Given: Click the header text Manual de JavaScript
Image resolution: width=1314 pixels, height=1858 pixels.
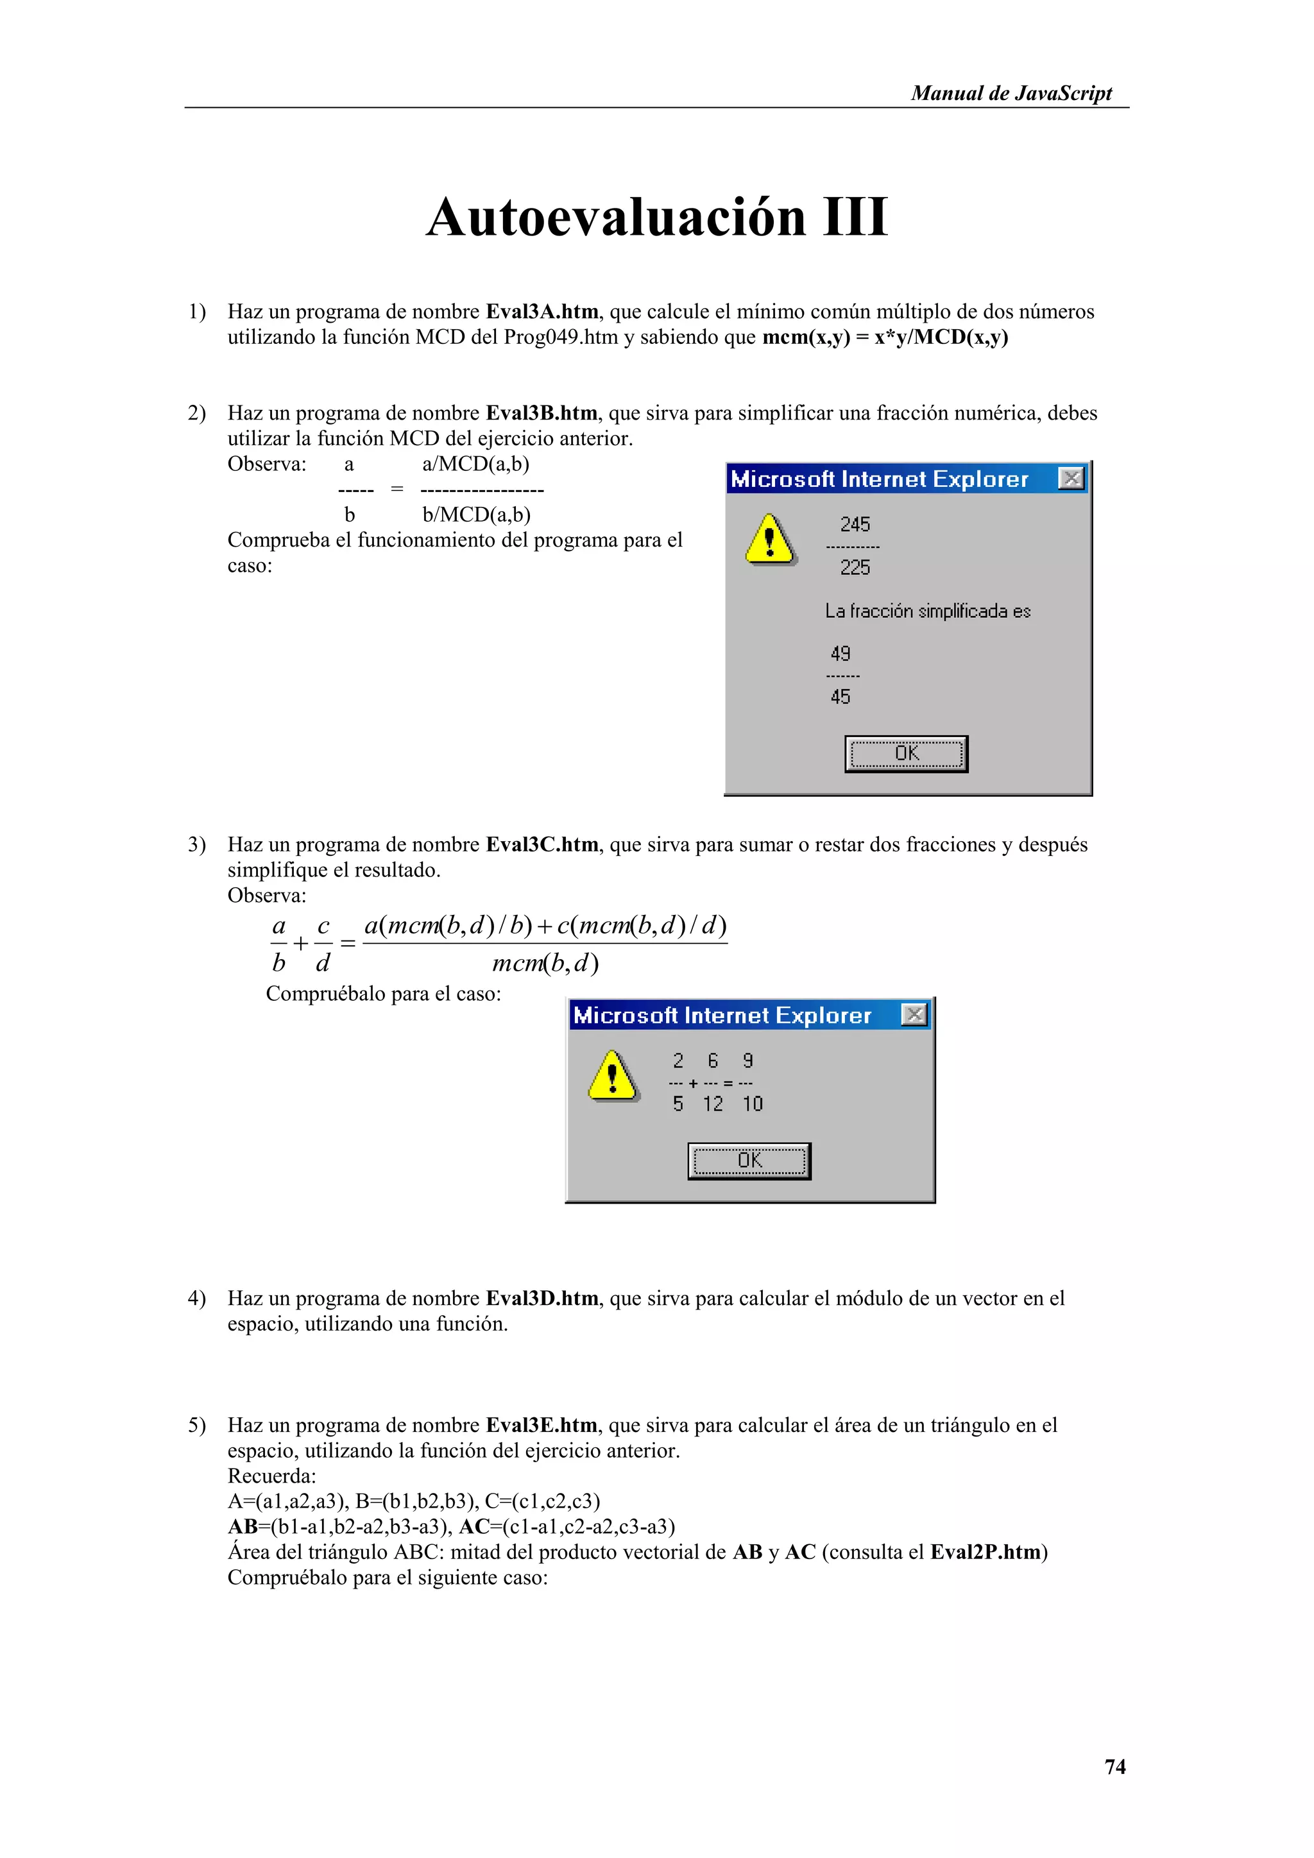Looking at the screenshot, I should pyautogui.click(x=1011, y=93).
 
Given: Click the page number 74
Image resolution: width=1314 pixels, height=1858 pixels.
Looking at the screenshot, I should pyautogui.click(x=1114, y=1766).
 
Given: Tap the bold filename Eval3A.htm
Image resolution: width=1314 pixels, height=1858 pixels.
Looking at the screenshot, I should pyautogui.click(x=542, y=312).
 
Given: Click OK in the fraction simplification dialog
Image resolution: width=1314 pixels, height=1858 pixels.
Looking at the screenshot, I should pyautogui.click(x=905, y=753).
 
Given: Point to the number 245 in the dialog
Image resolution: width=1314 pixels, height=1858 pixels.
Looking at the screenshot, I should pyautogui.click(x=855, y=524).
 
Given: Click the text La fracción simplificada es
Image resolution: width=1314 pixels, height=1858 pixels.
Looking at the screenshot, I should pyautogui.click(x=927, y=611).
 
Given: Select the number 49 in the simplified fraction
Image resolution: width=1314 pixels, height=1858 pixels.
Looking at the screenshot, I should pyautogui.click(x=840, y=653).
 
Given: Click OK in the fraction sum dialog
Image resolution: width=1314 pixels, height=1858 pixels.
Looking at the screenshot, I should pyautogui.click(x=749, y=1161).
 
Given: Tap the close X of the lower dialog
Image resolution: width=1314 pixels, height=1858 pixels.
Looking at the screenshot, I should pyautogui.click(x=914, y=1015).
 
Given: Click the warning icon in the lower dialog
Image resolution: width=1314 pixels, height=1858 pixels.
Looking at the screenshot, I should pyautogui.click(x=613, y=1077).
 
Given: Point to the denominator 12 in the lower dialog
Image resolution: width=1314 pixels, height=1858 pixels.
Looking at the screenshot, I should pyautogui.click(x=712, y=1104).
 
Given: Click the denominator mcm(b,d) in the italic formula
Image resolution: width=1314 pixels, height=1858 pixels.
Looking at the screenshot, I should pyautogui.click(x=545, y=963).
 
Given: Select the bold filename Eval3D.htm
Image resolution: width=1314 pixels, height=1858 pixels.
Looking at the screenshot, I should pyautogui.click(x=542, y=1299).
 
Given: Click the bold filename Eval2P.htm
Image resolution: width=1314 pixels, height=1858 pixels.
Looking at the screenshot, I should pyautogui.click(x=985, y=1552).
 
